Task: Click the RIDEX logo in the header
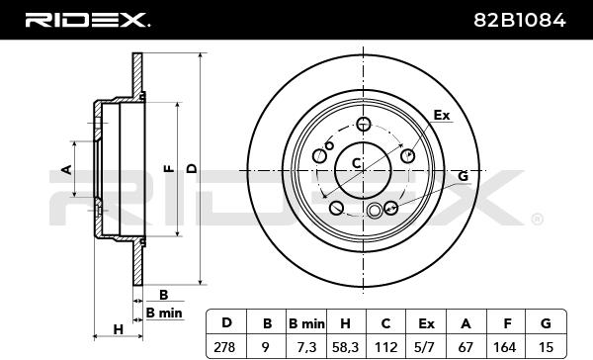tap(87, 20)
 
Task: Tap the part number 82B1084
tap(520, 20)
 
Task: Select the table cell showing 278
tap(224, 347)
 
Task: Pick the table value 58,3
tap(345, 347)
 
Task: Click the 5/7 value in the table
tap(426, 347)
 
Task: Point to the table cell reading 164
tap(505, 347)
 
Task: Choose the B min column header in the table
tap(306, 324)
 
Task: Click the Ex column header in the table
tap(426, 324)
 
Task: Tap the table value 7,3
tap(305, 347)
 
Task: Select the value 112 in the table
tap(385, 347)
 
